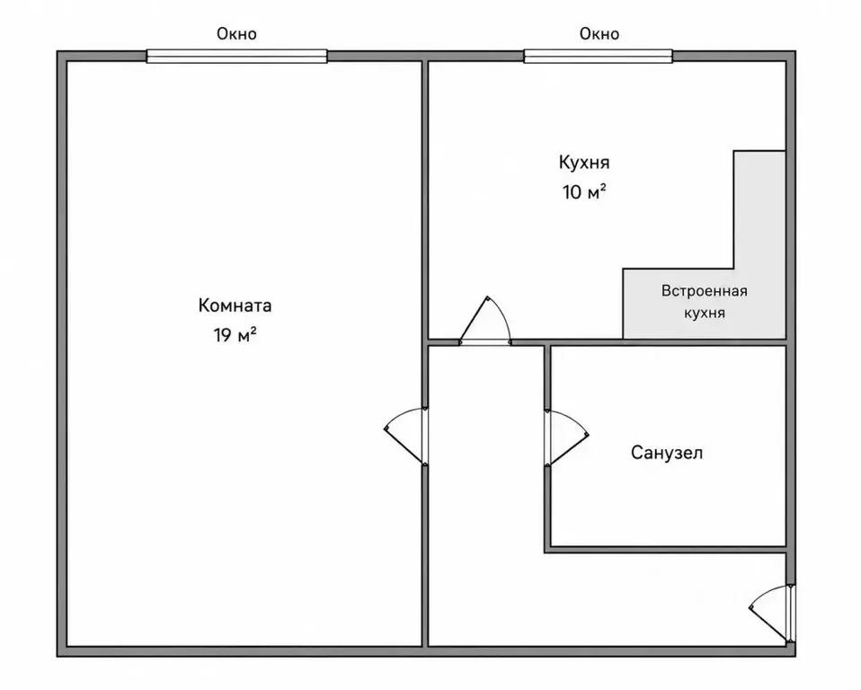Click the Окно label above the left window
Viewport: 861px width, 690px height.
click(x=236, y=34)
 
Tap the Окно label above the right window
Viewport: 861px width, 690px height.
click(x=599, y=34)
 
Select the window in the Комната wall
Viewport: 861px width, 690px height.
click(x=236, y=56)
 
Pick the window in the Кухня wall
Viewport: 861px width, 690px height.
click(x=598, y=56)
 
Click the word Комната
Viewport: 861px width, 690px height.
click(x=235, y=305)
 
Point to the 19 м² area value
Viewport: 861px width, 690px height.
click(x=235, y=334)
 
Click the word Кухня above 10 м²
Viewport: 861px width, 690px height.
click(x=584, y=163)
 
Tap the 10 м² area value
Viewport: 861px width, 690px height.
click(x=584, y=191)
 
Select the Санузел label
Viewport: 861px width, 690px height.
click(x=667, y=453)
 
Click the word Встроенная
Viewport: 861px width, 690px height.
click(x=705, y=290)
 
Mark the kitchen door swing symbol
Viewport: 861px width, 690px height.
click(x=485, y=321)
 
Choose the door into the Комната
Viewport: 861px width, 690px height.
click(x=406, y=437)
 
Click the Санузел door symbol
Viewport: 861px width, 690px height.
click(x=566, y=438)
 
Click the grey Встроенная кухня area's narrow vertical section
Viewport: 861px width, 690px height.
click(x=759, y=209)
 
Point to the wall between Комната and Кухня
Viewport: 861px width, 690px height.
click(x=424, y=200)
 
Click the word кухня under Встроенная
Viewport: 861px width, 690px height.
click(x=705, y=313)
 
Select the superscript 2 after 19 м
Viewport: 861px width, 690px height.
click(x=253, y=330)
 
